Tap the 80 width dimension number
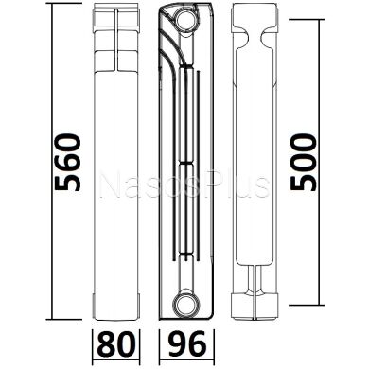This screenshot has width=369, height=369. pos(112,342)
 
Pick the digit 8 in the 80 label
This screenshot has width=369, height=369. pos(103,342)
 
